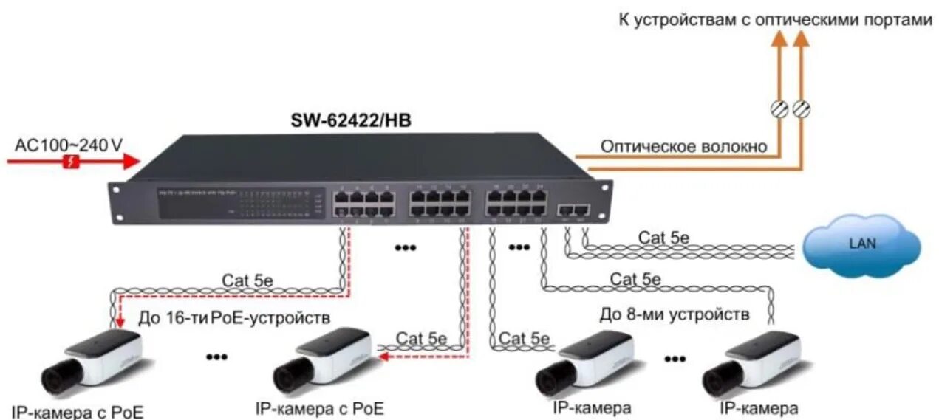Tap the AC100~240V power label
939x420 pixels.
tap(69, 145)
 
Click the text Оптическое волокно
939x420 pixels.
tap(683, 147)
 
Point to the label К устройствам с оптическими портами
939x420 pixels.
tap(775, 20)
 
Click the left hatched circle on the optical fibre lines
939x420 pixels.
tap(778, 109)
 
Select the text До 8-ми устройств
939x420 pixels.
tap(675, 315)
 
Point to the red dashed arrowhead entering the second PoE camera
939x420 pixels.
tap(383, 356)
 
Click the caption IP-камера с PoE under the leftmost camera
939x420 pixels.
tap(78, 411)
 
